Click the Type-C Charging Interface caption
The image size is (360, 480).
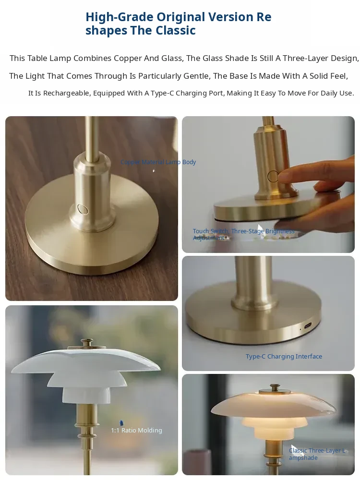pos(284,356)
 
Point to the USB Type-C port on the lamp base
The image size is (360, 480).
pos(308,325)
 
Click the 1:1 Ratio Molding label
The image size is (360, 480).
pos(136,430)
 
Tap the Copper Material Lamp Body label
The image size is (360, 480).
pos(158,162)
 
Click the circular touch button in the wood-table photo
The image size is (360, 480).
pos(83,209)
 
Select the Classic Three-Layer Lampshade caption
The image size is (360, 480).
pos(317,454)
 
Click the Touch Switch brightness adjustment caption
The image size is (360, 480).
pos(243,234)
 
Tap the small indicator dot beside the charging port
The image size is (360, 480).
pos(300,329)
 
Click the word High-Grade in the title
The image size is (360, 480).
pos(119,17)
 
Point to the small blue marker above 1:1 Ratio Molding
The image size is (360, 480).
pos(121,423)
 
